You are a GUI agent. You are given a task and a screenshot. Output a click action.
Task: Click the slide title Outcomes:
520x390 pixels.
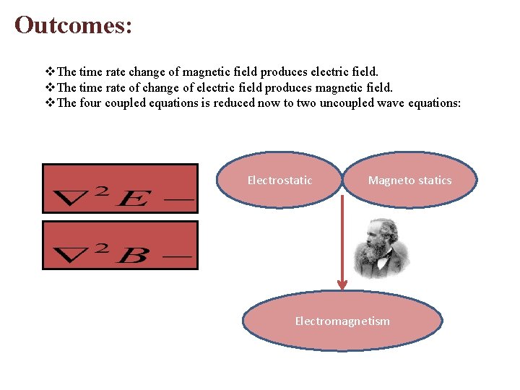(73, 25)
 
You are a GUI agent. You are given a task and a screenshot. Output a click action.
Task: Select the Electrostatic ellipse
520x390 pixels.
(279, 181)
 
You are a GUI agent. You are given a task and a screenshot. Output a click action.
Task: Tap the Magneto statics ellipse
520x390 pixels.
(409, 181)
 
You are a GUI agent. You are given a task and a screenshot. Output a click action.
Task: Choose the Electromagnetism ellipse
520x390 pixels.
(342, 321)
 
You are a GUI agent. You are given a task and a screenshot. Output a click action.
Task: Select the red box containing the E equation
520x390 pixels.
(120, 188)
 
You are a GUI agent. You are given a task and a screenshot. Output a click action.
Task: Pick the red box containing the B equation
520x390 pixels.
(120, 246)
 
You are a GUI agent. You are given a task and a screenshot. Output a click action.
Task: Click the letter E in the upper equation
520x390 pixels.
(131, 198)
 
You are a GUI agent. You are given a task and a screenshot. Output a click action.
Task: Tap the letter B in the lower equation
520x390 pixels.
(131, 256)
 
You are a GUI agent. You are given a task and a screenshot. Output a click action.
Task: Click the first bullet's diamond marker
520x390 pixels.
(50, 71)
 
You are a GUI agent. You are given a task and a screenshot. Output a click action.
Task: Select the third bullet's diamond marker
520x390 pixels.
(50, 103)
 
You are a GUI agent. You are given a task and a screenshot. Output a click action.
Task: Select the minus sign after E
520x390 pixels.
(183, 198)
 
